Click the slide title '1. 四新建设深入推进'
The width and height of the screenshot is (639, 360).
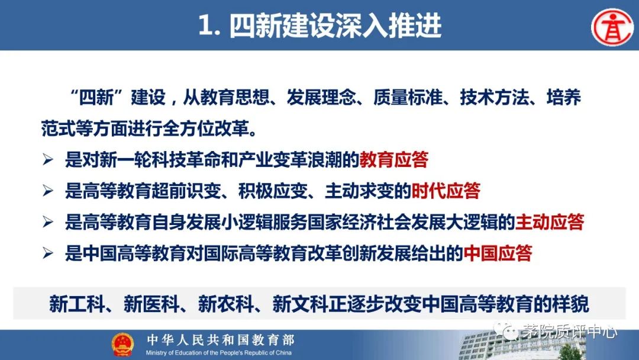(x=320, y=25)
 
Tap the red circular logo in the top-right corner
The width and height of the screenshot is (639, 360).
(x=612, y=27)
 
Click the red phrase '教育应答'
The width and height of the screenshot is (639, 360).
(x=393, y=159)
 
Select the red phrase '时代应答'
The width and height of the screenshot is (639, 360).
(x=446, y=191)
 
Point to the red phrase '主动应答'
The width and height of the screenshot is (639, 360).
(x=550, y=222)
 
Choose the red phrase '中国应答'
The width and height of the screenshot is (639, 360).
(x=498, y=253)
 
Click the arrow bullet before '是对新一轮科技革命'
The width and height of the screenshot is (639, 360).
(x=48, y=159)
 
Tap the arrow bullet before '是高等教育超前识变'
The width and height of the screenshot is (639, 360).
(x=48, y=191)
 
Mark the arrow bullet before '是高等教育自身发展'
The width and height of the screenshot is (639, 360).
(x=48, y=222)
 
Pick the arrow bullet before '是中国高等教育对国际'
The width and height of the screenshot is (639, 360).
(x=48, y=253)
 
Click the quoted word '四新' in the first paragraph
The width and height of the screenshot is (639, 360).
(x=96, y=98)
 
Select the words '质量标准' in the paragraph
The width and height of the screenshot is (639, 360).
(x=408, y=98)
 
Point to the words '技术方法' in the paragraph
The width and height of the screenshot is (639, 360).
(x=494, y=98)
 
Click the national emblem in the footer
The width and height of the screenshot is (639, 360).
(x=122, y=343)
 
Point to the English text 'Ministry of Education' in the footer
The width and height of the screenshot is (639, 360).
(x=175, y=353)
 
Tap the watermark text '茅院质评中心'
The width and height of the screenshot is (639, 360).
(x=569, y=332)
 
